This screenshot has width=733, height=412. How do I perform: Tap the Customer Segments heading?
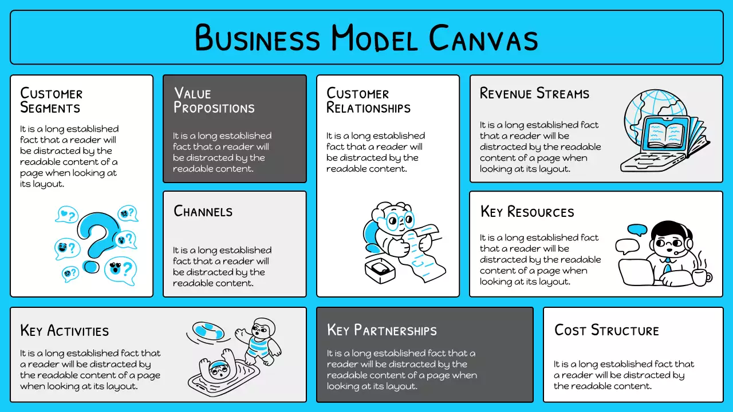click(x=51, y=100)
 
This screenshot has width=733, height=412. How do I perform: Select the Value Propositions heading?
click(x=214, y=100)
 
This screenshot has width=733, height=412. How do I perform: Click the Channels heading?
click(x=203, y=211)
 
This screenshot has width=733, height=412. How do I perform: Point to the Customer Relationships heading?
click(x=368, y=100)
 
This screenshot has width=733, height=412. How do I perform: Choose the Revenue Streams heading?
click(x=534, y=93)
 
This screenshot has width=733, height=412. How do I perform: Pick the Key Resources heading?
click(x=527, y=212)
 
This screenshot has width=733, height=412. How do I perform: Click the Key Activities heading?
click(x=64, y=331)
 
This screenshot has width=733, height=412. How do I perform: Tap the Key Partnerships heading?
click(x=381, y=330)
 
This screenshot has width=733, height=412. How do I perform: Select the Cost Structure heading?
click(x=606, y=330)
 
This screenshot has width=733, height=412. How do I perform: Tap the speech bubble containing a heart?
click(x=67, y=215)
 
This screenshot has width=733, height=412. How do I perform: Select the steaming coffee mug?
click(x=700, y=277)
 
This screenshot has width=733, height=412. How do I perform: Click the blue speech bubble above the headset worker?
click(x=637, y=229)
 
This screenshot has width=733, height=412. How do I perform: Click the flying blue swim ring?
click(x=208, y=331)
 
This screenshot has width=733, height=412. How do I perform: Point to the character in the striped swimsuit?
click(x=261, y=340)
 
